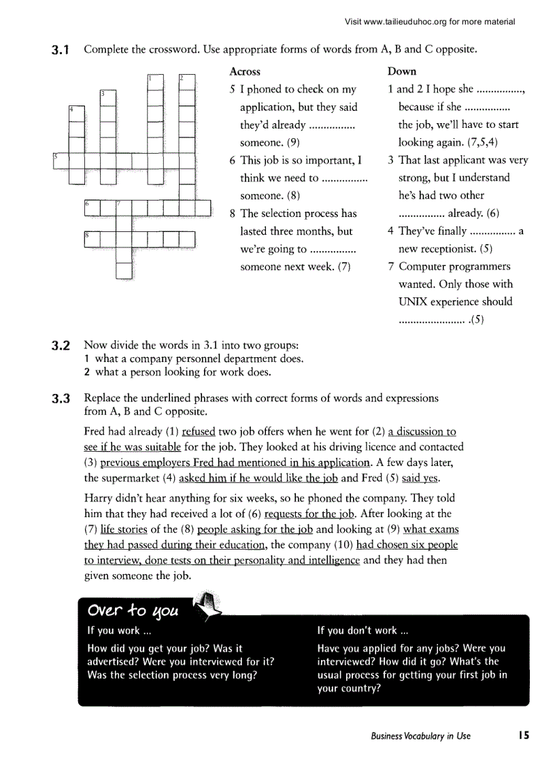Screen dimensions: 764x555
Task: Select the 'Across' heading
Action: (x=245, y=71)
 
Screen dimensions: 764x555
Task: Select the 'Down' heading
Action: (x=402, y=71)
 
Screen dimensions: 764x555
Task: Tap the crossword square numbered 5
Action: (x=60, y=161)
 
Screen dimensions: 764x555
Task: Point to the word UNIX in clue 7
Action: (x=412, y=302)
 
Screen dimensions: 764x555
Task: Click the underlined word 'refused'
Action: (x=199, y=432)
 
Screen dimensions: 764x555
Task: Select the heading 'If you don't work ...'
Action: (x=363, y=631)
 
